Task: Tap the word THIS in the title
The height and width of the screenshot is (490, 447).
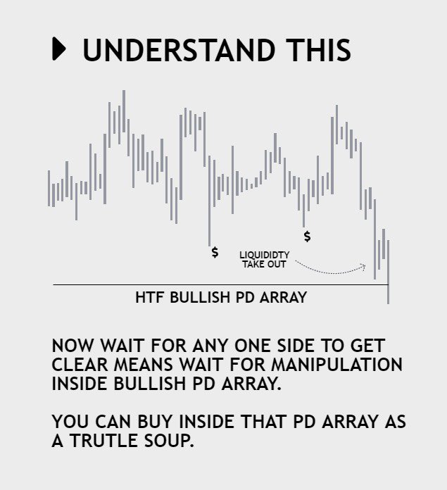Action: (318, 50)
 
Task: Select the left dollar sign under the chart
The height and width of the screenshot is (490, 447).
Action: (215, 251)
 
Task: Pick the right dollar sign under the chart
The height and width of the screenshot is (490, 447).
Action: (307, 236)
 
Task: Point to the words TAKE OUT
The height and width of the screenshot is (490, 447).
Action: (260, 264)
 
